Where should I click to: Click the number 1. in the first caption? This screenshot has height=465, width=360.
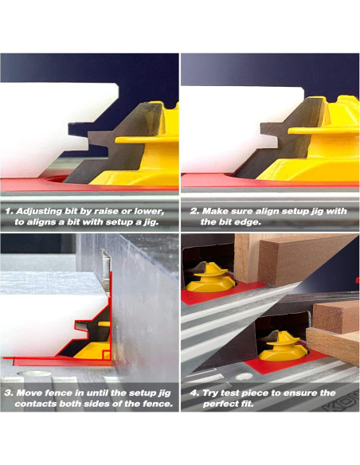9,212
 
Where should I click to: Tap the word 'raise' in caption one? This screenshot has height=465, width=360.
104,212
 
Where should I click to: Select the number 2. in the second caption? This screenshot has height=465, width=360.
194,212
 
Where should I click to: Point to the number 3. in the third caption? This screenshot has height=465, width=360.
10,393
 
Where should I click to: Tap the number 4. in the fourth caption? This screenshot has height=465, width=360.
194,393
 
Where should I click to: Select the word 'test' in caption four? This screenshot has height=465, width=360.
230,393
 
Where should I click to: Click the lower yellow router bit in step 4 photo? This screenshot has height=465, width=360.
284,346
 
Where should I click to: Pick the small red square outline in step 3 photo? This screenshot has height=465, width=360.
107,354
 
